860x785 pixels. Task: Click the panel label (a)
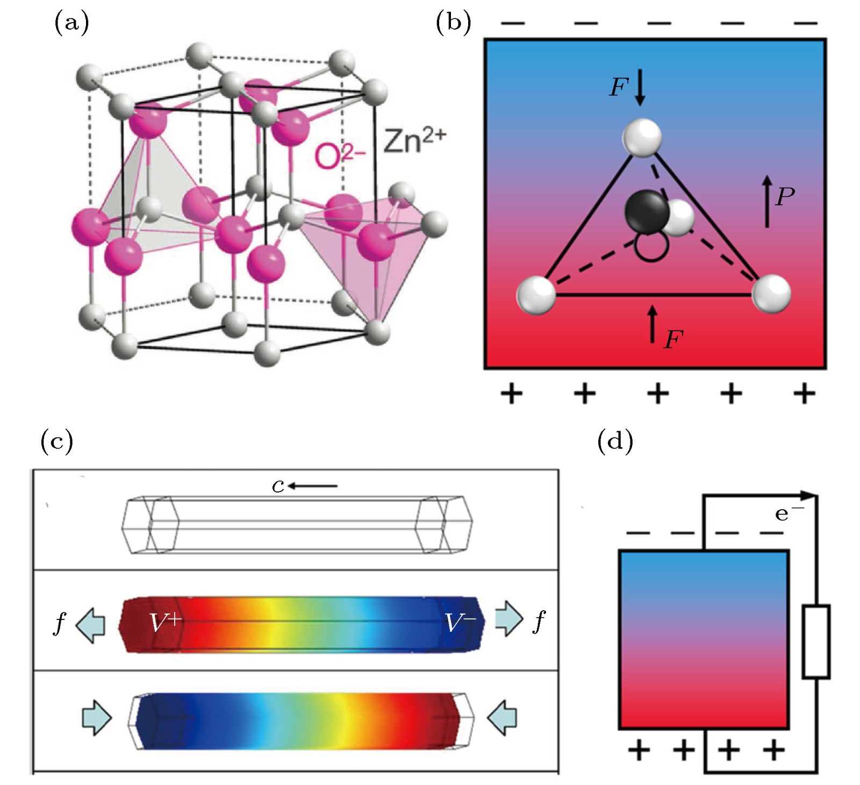pos(71,24)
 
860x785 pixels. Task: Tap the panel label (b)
pos(453,24)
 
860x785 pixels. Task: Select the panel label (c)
pos(57,441)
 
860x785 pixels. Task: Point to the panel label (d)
pos(615,441)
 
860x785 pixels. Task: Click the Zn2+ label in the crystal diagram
pos(414,141)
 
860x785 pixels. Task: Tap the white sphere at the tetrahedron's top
pos(642,138)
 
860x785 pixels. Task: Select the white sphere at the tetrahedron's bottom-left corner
pos(536,295)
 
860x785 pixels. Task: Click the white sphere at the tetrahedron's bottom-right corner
pos(771,294)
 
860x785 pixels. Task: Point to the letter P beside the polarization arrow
pos(785,197)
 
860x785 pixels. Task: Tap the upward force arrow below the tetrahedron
pos(653,324)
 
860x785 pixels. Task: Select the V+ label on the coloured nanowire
pos(166,623)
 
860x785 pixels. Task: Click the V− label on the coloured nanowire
pos(460,623)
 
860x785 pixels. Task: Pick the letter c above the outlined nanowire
pos(278,486)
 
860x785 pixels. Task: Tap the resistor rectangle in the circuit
pos(816,641)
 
